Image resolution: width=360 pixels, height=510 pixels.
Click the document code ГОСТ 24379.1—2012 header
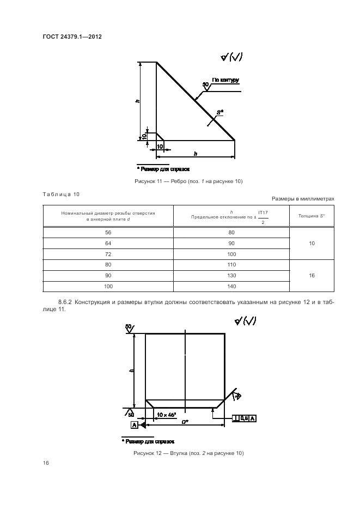click(72, 37)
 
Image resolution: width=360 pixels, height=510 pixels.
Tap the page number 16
click(46, 463)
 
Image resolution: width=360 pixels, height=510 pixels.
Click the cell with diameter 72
click(108, 254)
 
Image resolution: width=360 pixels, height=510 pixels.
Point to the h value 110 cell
click(231, 265)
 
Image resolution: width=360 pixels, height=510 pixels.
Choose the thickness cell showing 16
click(312, 276)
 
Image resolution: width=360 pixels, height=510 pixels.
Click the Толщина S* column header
click(312, 216)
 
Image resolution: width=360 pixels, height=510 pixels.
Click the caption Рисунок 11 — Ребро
click(188, 181)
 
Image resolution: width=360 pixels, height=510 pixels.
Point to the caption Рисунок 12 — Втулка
click(188, 453)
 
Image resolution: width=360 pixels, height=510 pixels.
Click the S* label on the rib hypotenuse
click(220, 112)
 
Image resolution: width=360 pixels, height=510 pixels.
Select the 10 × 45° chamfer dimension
click(166, 415)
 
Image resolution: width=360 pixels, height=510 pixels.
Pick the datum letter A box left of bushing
click(133, 424)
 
